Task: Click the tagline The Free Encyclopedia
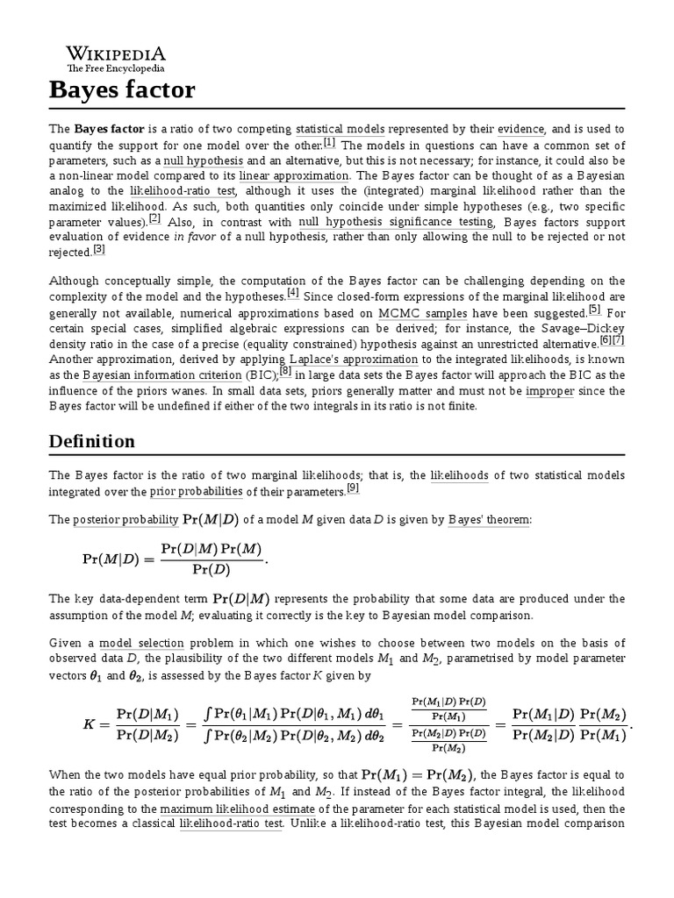coord(116,68)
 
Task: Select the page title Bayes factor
coord(121,89)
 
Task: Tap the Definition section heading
coord(91,441)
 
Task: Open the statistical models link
coord(331,129)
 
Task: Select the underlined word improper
coord(550,391)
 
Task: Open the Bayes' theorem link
coord(489,520)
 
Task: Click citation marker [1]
coord(329,142)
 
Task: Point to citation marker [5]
coord(594,309)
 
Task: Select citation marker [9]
coord(353,488)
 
